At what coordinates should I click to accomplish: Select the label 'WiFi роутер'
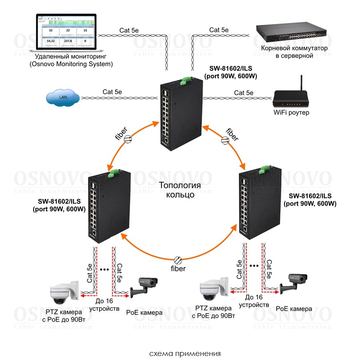tap(291, 113)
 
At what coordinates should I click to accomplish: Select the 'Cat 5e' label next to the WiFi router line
tap(244, 93)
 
